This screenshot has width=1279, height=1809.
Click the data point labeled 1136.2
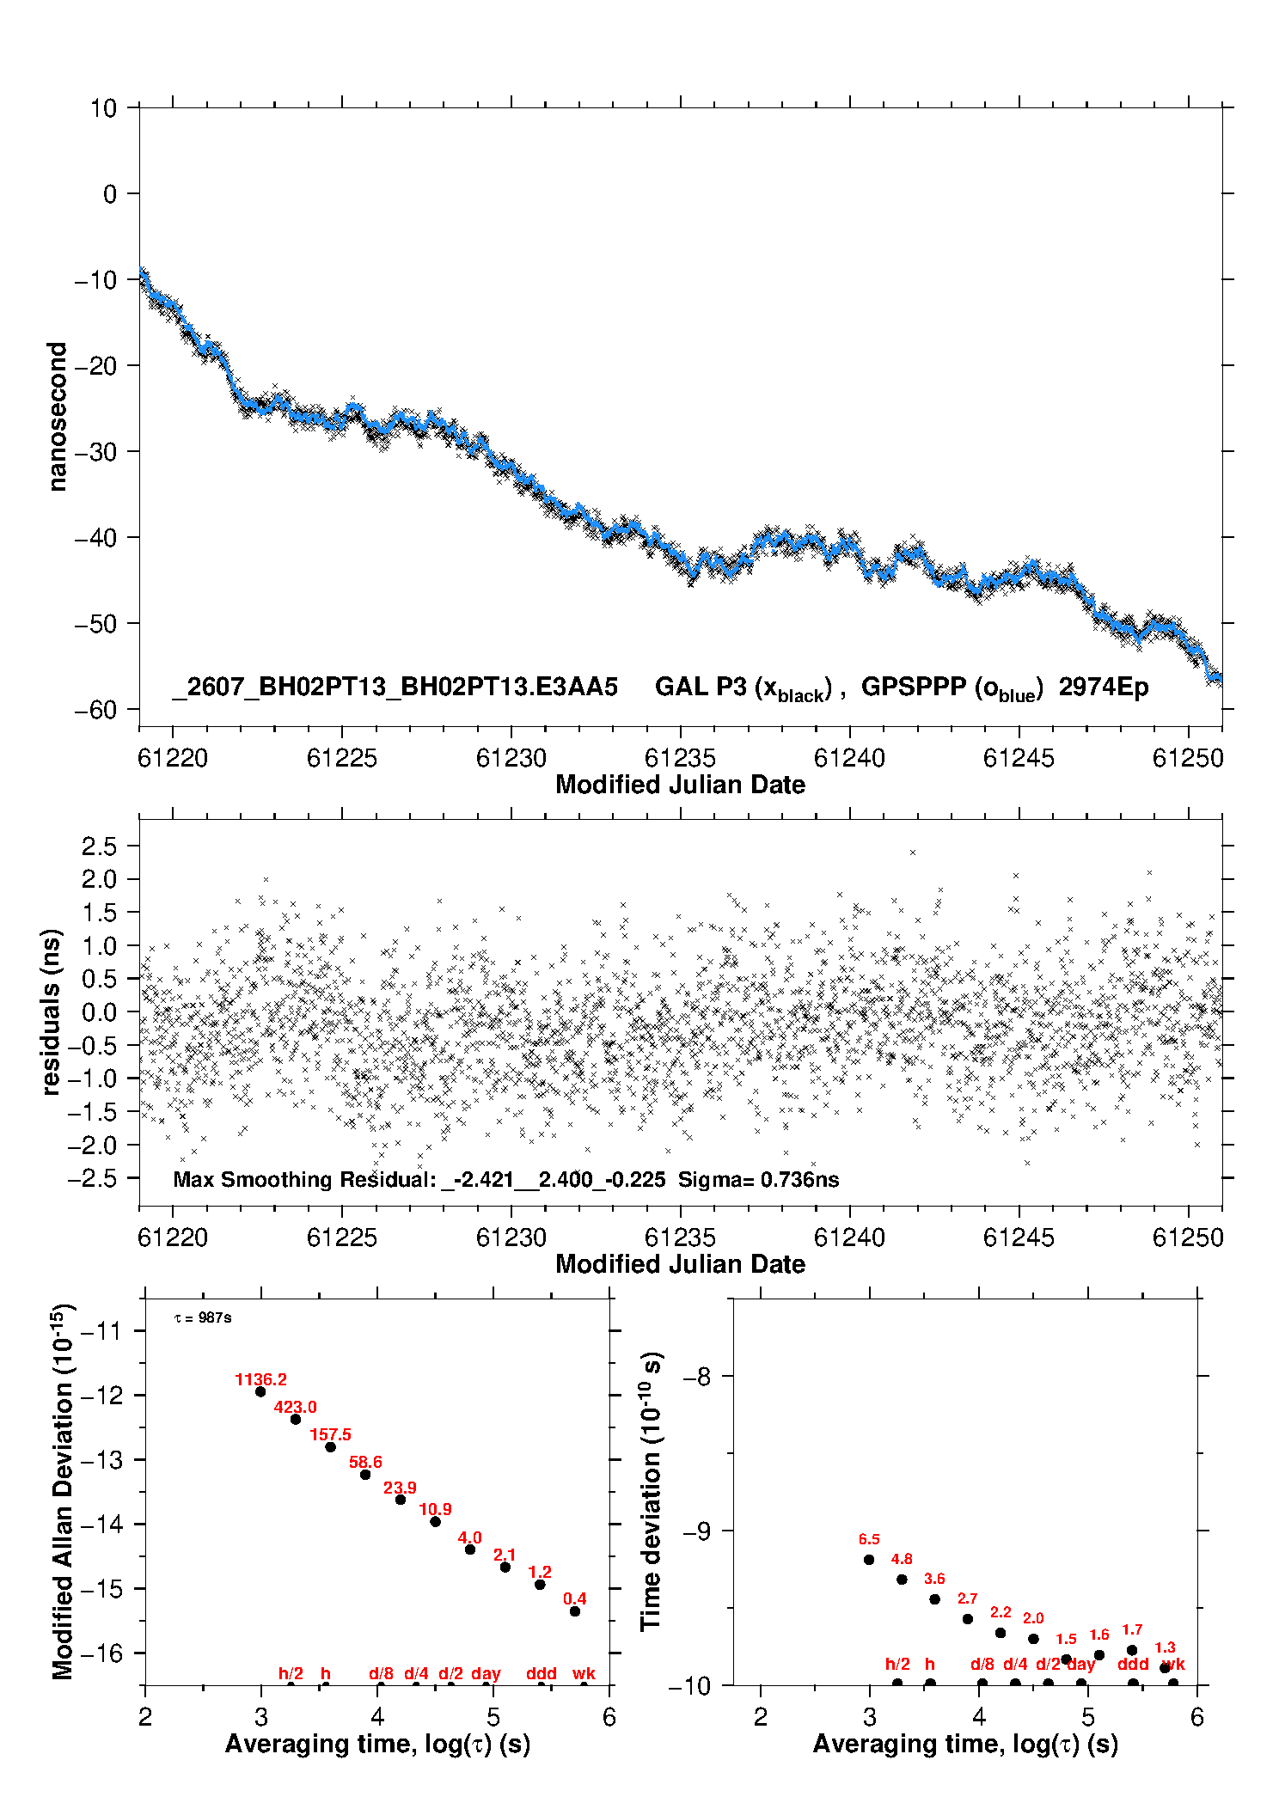click(x=260, y=1391)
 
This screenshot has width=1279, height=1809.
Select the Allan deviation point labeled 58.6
click(x=365, y=1475)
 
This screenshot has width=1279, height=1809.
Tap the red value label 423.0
click(x=295, y=1408)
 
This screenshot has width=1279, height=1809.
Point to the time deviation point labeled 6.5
click(x=869, y=1560)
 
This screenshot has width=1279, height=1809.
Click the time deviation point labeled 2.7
click(x=968, y=1619)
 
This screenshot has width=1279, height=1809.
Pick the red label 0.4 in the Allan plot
click(x=575, y=1599)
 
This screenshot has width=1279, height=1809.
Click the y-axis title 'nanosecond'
click(x=57, y=417)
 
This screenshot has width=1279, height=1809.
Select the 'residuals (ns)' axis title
click(x=52, y=1012)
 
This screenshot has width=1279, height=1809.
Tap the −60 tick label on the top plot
click(x=95, y=710)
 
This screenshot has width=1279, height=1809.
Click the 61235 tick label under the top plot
click(x=680, y=758)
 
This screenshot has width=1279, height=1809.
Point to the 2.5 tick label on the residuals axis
click(x=99, y=846)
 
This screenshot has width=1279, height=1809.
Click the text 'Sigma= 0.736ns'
click(x=758, y=1180)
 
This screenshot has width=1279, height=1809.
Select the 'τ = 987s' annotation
click(x=203, y=1318)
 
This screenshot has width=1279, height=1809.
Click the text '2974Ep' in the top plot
click(x=1104, y=688)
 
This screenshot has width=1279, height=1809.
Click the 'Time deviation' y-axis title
click(x=652, y=1493)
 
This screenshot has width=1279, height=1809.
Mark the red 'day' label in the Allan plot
click(x=486, y=1674)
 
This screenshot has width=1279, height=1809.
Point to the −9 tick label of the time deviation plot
click(x=696, y=1531)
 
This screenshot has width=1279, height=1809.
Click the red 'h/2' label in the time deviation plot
click(x=897, y=1665)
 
